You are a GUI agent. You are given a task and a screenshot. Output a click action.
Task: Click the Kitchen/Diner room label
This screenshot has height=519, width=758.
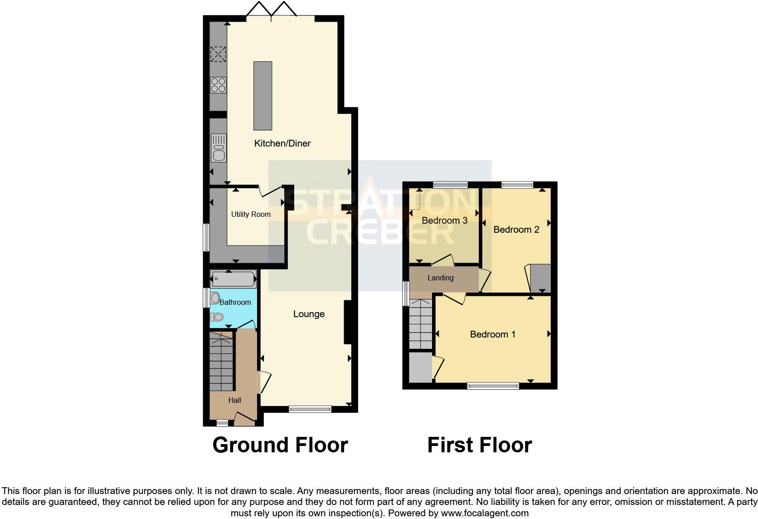tap(282, 143)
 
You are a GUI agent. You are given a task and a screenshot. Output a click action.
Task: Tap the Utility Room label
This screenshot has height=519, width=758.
tap(251, 214)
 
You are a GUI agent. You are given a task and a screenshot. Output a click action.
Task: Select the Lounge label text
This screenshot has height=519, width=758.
tap(309, 314)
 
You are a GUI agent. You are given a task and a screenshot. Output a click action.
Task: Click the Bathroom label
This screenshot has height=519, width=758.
tap(235, 302)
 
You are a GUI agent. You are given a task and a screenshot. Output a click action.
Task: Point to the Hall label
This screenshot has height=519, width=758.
tap(234, 400)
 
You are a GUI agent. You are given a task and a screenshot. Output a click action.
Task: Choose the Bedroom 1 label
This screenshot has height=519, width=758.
tap(492, 334)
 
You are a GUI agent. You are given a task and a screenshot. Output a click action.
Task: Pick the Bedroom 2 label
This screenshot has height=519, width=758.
tap(516, 230)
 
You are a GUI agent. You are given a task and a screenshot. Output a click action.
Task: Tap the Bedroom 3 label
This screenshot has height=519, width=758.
tap(444, 220)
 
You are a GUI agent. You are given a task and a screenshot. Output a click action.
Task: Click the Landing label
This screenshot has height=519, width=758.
tap(440, 278)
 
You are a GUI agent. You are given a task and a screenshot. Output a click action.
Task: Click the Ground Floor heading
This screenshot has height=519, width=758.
tap(280, 445)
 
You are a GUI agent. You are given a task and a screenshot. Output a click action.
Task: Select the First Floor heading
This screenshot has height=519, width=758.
tap(479, 445)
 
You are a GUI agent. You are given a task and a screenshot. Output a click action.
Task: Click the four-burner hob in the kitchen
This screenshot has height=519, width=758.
tap(218, 85)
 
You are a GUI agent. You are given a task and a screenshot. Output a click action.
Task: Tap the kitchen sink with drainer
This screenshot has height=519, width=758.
tap(219, 148)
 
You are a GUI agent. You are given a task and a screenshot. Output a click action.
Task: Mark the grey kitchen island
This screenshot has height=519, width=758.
tap(263, 96)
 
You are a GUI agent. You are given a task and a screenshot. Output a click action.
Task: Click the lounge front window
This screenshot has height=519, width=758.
tap(310, 409)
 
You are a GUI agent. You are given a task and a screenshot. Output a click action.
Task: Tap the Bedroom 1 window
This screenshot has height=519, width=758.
tap(493, 386)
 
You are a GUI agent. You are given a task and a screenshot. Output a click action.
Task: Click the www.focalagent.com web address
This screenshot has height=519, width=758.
tap(484, 513)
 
